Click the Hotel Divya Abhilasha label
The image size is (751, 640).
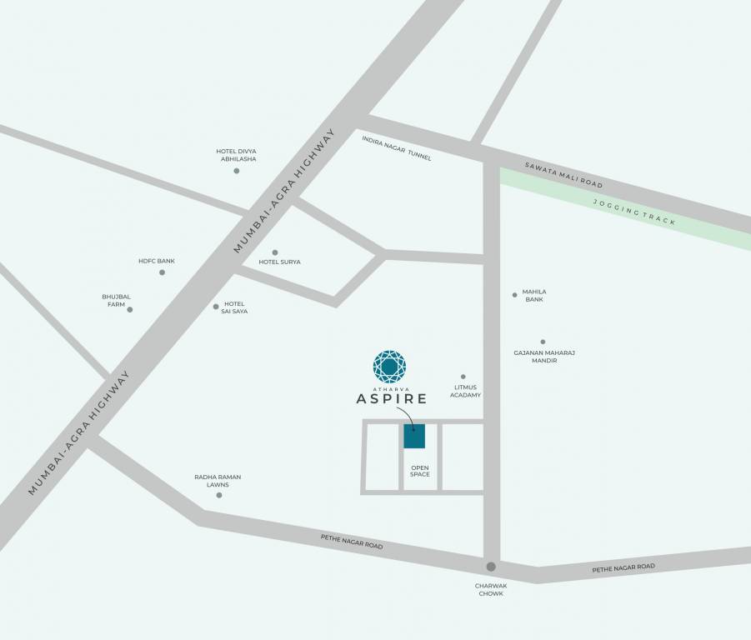click(x=236, y=155)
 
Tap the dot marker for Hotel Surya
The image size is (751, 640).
click(x=275, y=252)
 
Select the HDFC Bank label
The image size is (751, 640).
click(x=157, y=261)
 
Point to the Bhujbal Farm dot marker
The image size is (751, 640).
click(x=130, y=309)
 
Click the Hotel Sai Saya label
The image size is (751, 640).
click(x=234, y=307)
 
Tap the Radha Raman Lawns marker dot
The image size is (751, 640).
click(x=219, y=495)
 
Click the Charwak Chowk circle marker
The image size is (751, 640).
click(x=491, y=567)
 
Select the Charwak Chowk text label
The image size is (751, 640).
click(x=491, y=589)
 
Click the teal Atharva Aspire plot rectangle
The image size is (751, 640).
click(x=414, y=437)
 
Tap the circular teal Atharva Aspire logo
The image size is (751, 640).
click(x=389, y=367)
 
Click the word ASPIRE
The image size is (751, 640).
click(x=392, y=399)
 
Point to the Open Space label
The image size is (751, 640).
click(x=420, y=471)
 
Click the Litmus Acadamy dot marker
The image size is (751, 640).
click(x=463, y=377)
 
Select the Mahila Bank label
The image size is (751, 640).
click(x=534, y=295)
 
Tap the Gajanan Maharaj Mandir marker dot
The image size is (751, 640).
click(x=543, y=342)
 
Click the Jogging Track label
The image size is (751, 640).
click(x=634, y=212)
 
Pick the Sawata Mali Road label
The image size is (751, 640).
click(x=563, y=174)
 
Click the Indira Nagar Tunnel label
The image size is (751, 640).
click(x=397, y=147)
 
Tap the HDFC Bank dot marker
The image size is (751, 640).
click(x=162, y=272)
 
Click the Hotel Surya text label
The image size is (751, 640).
click(x=279, y=262)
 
